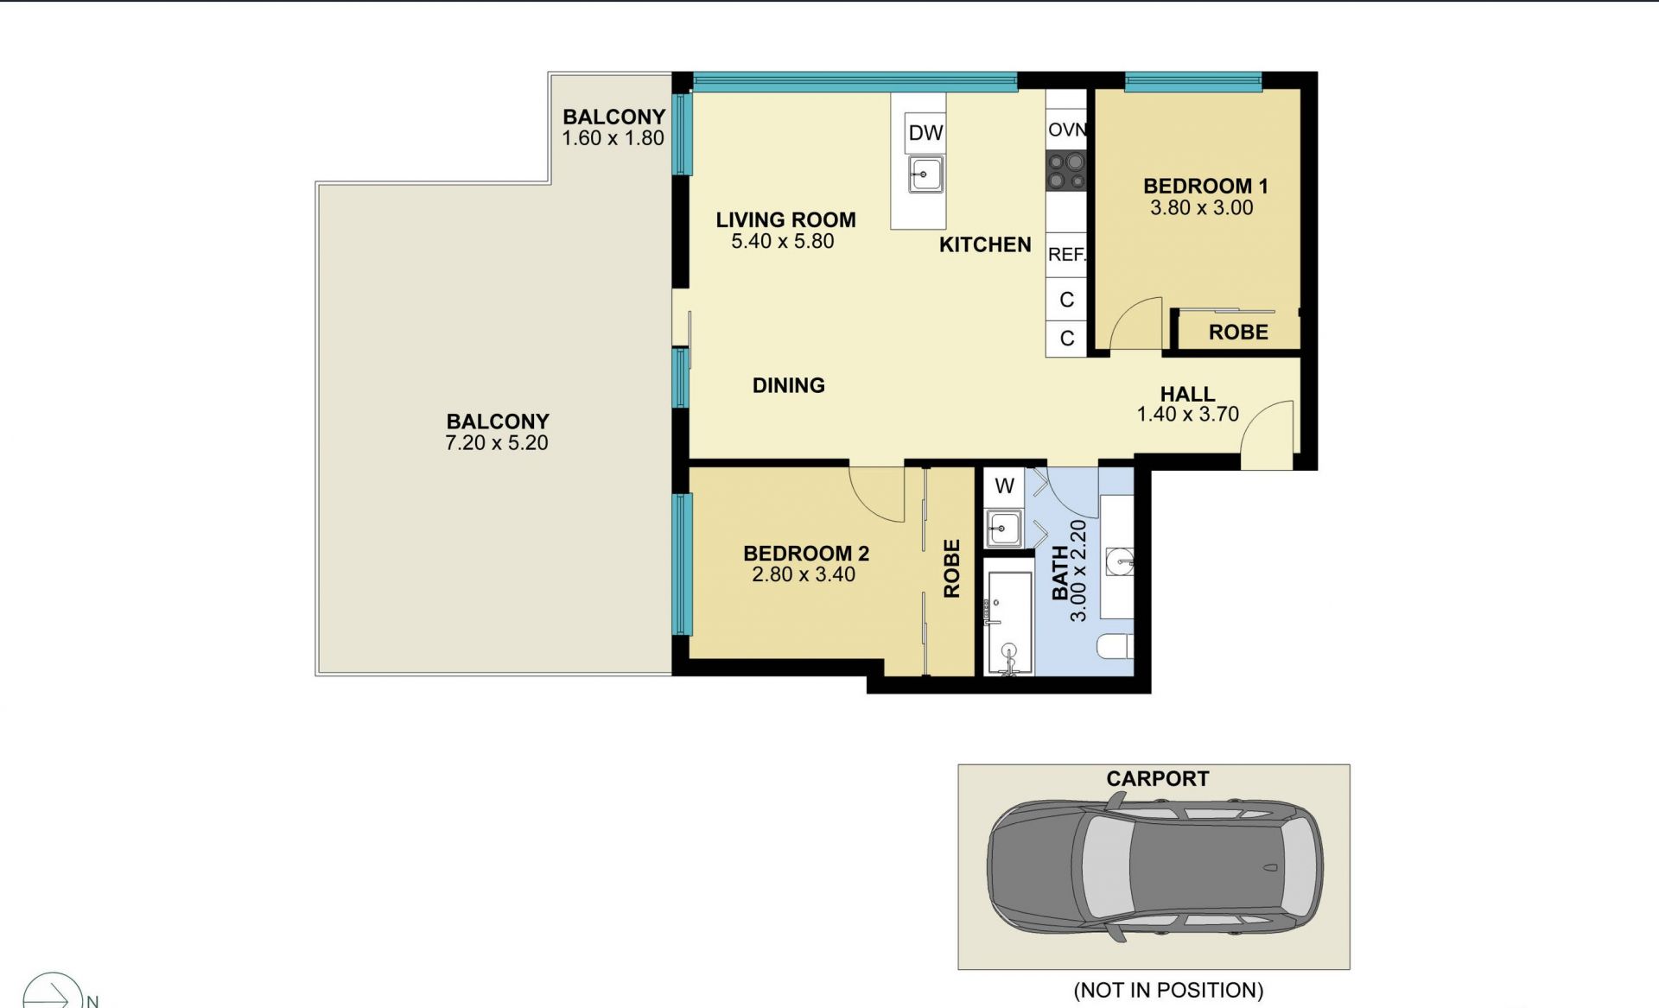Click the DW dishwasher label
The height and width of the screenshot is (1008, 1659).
point(925,133)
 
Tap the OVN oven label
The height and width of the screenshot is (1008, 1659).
point(1066,130)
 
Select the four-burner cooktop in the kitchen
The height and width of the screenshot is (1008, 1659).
point(1066,171)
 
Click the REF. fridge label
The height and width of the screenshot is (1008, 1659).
point(1067,255)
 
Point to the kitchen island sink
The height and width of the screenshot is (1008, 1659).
point(925,174)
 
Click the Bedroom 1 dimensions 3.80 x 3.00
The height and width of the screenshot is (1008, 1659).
point(1201,207)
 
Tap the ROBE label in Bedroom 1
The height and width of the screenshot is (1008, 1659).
point(1238,333)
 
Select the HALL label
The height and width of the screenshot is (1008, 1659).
point(1187,394)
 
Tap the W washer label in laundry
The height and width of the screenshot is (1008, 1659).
point(1004,486)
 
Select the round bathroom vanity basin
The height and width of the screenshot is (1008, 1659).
point(1120,561)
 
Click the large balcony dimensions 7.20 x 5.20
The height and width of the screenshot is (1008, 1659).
point(497,443)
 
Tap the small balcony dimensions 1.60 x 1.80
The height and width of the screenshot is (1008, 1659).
point(613,138)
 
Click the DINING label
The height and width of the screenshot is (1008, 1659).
point(789,385)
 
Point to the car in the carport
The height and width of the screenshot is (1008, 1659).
point(1154,866)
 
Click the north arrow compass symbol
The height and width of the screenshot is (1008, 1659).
point(54,992)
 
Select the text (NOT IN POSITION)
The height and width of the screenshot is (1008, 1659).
point(1168,990)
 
